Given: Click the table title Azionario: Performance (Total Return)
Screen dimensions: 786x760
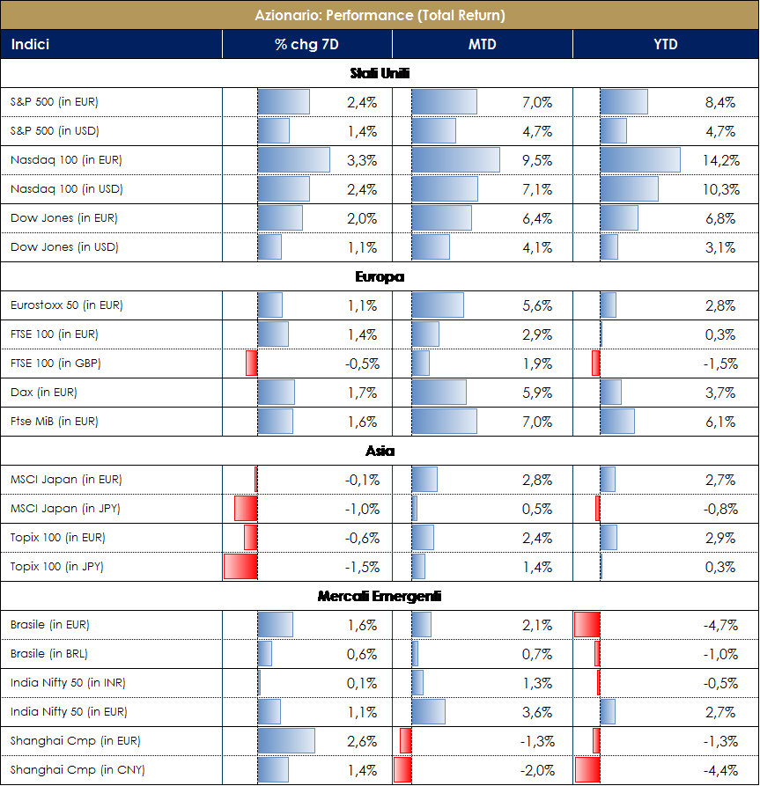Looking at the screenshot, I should [x=380, y=15].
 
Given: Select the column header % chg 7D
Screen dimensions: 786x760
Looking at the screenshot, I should [x=306, y=44].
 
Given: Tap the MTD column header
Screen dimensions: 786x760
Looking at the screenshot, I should [x=482, y=44].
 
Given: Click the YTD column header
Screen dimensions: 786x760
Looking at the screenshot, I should [x=666, y=44].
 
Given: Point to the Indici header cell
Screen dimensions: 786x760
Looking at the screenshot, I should [x=31, y=44].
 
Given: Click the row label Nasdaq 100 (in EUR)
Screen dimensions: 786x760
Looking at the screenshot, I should [x=66, y=160].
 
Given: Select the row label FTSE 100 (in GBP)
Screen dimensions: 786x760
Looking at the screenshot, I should [x=61, y=364].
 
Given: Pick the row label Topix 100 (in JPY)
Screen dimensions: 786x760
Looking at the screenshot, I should [x=57, y=567].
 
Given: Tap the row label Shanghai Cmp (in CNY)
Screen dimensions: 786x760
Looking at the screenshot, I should [x=77, y=770].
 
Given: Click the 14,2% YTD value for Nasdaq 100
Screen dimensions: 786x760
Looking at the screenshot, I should [x=719, y=160].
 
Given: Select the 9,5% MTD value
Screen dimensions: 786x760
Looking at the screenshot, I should [x=537, y=160].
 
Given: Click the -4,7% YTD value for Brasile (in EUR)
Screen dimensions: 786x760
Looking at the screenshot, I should [x=719, y=625].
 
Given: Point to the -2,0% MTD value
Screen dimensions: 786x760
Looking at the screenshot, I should [x=537, y=770].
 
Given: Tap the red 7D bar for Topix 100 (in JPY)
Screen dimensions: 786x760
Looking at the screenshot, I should [x=240, y=567].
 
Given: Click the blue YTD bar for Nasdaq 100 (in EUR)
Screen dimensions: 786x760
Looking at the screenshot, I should [x=640, y=160].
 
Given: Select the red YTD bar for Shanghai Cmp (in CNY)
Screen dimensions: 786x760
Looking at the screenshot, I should [x=587, y=770].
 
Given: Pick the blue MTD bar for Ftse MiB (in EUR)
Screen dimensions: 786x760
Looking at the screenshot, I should [x=444, y=422].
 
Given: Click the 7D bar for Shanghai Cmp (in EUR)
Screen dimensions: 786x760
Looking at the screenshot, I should [x=286, y=741].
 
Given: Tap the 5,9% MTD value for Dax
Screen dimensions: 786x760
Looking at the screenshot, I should [x=537, y=393].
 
